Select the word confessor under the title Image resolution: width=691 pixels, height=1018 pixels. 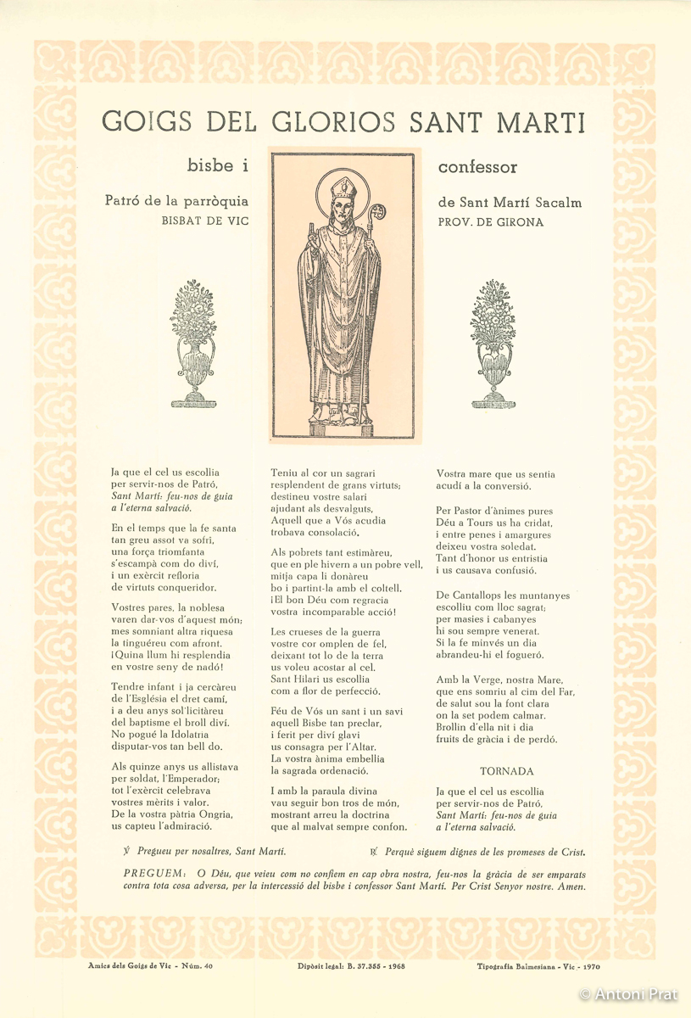pos(477,167)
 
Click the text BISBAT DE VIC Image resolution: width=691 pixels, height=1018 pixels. pos(206,222)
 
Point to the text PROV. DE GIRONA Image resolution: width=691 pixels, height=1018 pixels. pos(491,222)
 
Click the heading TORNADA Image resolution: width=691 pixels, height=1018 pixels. pos(506,771)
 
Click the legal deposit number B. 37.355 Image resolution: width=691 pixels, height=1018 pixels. pos(369,965)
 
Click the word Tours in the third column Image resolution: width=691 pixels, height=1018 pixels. pos(488,523)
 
